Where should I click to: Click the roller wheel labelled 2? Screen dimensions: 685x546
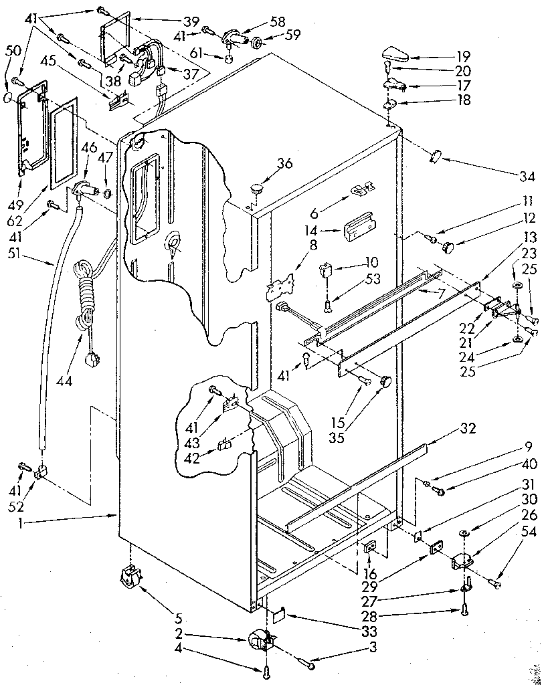pos(257,641)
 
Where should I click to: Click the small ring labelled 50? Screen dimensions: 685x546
pos(7,96)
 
